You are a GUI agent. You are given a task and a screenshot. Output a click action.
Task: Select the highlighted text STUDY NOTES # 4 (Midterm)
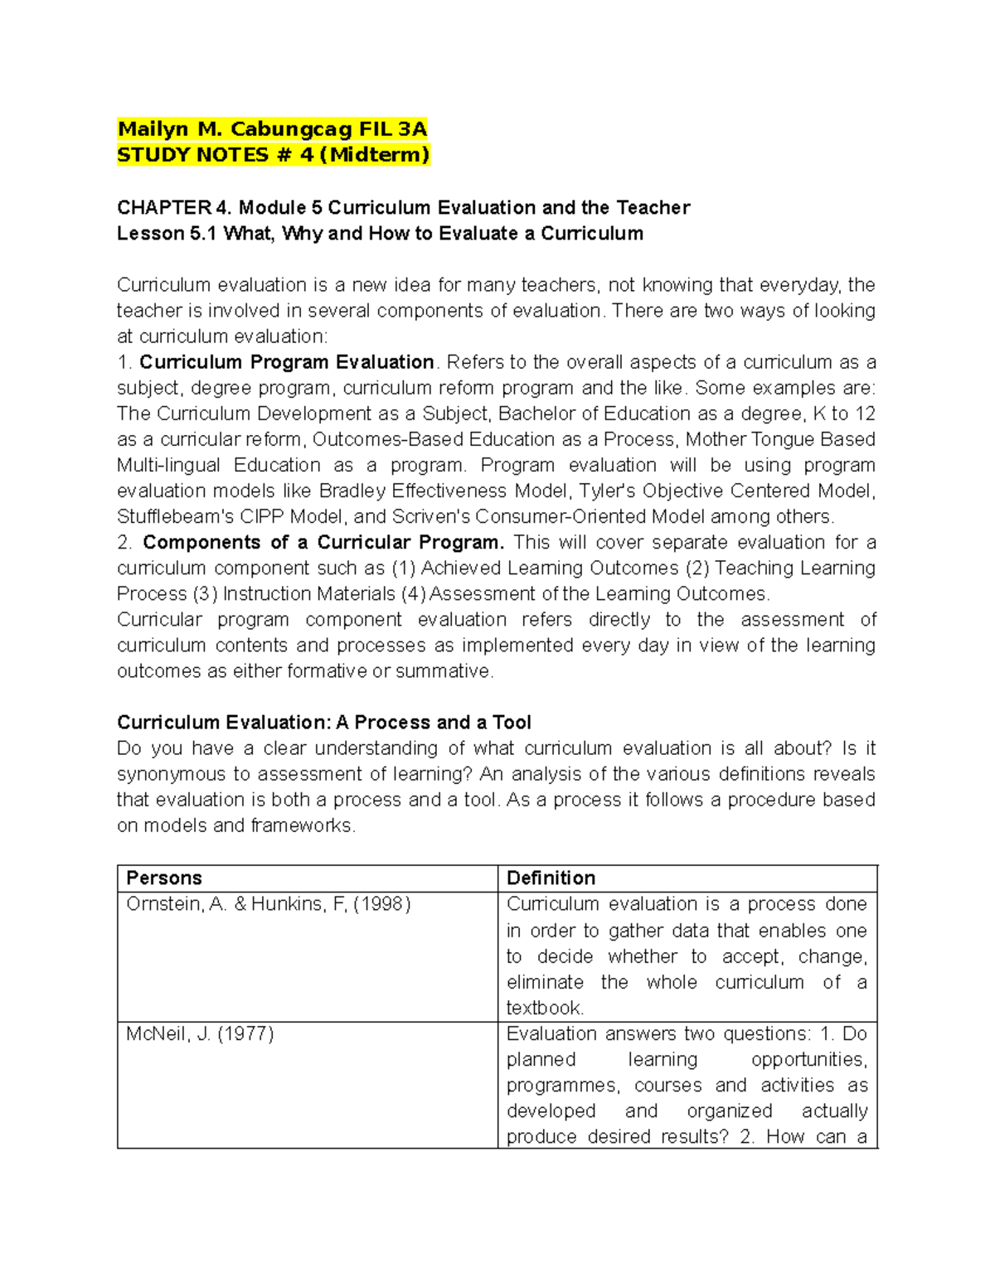click(273, 155)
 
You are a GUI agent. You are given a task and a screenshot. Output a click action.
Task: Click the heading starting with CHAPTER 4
click(403, 207)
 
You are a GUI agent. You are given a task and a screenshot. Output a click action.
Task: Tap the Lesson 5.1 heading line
click(380, 233)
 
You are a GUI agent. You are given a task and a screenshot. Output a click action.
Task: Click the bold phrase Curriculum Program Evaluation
click(286, 362)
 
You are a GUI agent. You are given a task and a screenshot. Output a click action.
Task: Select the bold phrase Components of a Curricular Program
click(323, 542)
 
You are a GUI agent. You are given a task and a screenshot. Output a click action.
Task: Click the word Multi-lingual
click(168, 465)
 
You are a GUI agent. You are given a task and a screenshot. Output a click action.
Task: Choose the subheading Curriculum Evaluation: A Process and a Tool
click(323, 722)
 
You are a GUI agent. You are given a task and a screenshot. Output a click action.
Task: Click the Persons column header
click(164, 878)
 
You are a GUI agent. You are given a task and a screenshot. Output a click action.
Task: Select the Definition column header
click(551, 878)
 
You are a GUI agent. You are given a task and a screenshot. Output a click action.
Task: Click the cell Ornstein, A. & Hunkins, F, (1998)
click(268, 904)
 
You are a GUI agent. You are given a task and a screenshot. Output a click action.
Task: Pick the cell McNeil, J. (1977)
click(200, 1033)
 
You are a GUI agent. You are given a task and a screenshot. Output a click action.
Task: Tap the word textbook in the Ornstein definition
click(544, 1008)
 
